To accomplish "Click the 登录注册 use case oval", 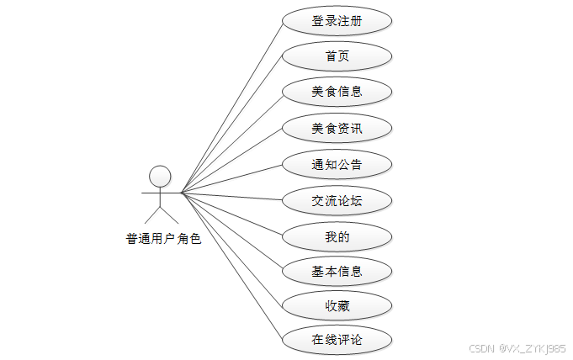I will click(337, 21).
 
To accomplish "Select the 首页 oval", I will click(337, 56).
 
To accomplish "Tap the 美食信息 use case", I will click(337, 92).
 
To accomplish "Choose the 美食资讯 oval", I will click(337, 129).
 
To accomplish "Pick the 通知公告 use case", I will click(337, 164).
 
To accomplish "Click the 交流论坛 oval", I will click(337, 200).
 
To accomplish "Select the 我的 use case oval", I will click(337, 236).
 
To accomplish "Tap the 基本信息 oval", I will click(337, 271).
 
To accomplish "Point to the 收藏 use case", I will click(337, 305).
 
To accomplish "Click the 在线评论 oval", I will click(337, 340).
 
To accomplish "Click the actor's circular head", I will click(160, 175).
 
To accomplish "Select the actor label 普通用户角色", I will click(163, 238).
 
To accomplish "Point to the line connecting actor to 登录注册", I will click(231, 108).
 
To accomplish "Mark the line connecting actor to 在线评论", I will click(231, 266).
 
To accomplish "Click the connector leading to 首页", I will click(231, 124).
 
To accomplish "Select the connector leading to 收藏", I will click(231, 249).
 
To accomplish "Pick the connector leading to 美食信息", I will click(231, 142).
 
